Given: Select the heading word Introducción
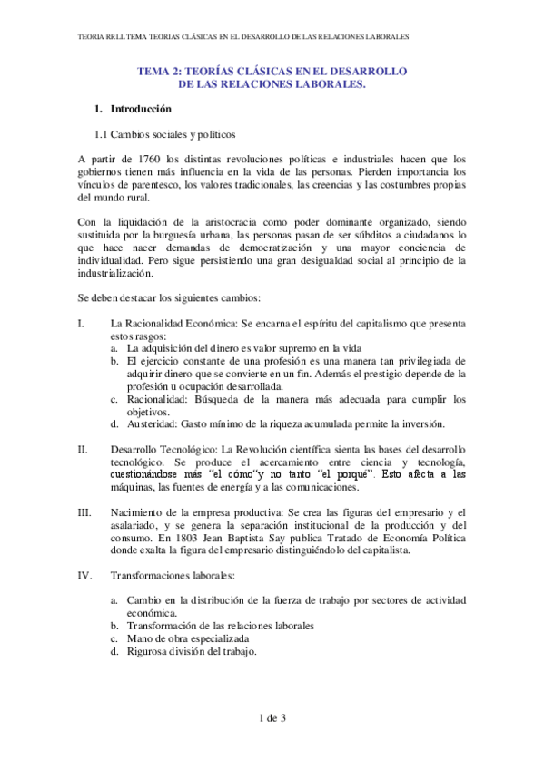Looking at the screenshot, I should [141, 109].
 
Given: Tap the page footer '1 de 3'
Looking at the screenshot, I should [272, 719].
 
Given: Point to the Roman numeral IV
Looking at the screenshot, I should [84, 575].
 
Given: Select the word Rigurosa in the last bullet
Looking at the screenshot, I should [149, 651].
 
